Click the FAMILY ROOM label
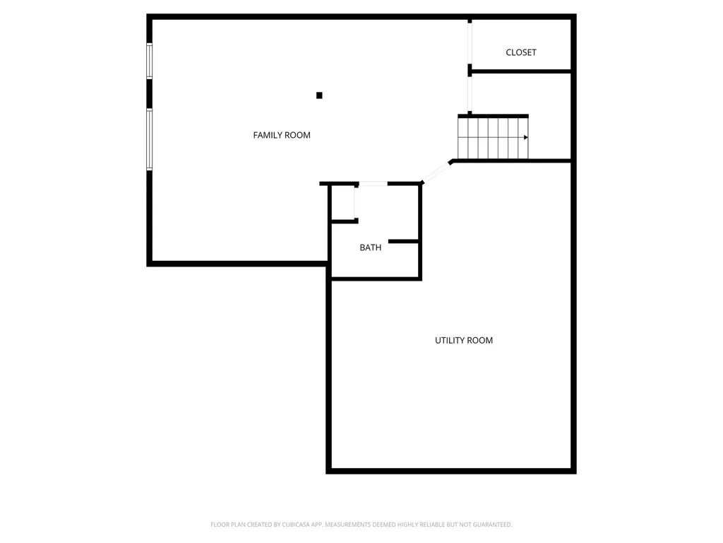point(282,135)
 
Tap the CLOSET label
point(521,52)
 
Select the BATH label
point(371,247)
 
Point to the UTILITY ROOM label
point(464,340)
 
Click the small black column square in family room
point(319,95)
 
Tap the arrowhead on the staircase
point(525,137)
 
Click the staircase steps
point(492,137)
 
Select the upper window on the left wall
point(149,60)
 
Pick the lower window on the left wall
point(149,139)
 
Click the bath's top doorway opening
point(373,184)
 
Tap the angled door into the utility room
point(436,173)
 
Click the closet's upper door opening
point(470,42)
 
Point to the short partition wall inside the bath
point(404,242)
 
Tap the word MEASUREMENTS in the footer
point(352,525)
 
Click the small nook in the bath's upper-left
point(343,204)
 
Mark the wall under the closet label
point(521,71)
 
